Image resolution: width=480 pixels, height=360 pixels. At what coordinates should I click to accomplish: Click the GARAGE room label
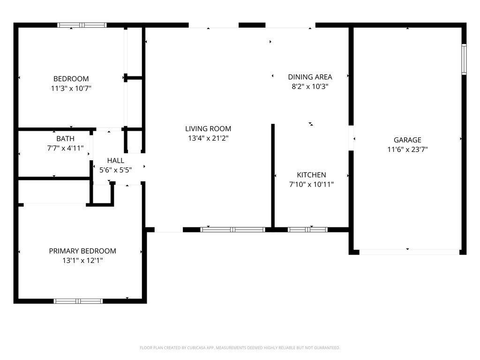407,140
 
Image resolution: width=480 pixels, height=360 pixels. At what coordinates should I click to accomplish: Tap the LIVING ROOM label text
208,128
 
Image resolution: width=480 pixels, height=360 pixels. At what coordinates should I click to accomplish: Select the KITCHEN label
311,175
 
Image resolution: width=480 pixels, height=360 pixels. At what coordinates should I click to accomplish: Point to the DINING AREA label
310,77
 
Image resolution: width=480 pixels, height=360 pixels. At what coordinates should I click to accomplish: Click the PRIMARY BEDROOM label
82,251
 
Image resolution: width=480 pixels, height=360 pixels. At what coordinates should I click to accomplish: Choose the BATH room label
66,139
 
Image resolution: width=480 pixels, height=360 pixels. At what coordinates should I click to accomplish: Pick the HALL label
116,160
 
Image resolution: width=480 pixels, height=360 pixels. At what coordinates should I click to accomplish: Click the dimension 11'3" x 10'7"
71,89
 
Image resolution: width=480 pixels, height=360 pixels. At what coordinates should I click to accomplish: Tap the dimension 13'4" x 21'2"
208,138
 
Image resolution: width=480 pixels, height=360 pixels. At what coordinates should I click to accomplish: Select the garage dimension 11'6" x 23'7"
407,150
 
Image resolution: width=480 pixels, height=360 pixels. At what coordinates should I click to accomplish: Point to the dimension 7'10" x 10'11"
311,184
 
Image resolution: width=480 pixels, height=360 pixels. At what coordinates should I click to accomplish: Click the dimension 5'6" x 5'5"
116,170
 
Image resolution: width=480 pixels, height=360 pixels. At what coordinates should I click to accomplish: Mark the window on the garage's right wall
464,60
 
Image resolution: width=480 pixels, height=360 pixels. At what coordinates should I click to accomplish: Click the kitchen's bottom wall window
307,230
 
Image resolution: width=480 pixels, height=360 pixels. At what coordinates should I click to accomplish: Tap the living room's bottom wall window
232,230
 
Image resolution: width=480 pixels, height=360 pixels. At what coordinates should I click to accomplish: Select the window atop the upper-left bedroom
82,25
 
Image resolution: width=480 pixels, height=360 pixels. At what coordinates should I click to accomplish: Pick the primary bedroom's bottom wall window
78,301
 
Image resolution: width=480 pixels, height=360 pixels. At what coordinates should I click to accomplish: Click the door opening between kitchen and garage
351,138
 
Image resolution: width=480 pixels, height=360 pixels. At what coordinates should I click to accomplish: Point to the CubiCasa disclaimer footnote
240,348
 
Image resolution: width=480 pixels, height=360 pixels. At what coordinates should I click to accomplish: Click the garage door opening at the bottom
409,252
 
